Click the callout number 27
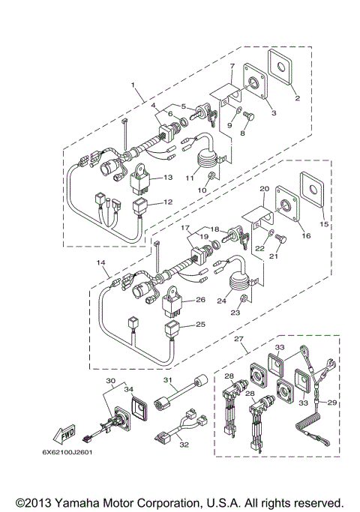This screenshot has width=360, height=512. click(x=240, y=340)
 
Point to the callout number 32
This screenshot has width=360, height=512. click(x=183, y=444)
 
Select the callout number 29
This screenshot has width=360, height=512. click(x=332, y=403)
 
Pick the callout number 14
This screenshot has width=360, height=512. click(x=101, y=262)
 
